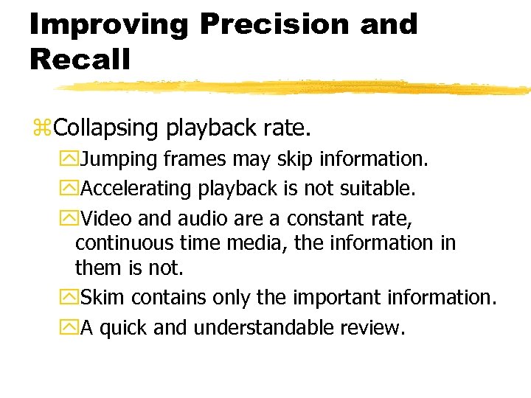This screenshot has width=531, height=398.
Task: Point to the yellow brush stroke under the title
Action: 295,88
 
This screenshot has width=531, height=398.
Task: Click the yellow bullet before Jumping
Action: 70,159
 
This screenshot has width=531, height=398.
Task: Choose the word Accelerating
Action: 136,189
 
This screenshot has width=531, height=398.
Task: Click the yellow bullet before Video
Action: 70,219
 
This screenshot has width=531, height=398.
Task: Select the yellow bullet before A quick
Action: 70,328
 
